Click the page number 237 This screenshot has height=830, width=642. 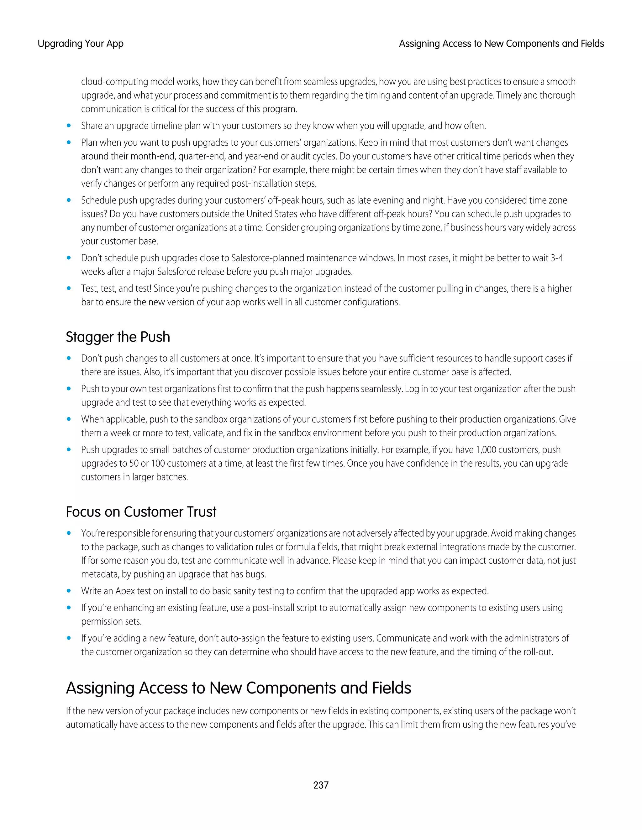coord(321,785)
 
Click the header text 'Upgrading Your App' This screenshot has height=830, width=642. coord(81,44)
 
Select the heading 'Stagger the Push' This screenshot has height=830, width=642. coord(118,337)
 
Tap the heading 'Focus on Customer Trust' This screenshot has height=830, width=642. coord(141,511)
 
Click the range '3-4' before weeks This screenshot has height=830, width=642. coord(557,258)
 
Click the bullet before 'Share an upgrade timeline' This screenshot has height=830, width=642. coord(69,126)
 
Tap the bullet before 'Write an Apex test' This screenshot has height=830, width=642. coord(69,591)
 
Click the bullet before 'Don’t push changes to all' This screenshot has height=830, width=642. coord(69,358)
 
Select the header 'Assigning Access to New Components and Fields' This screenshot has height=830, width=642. coord(501,44)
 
